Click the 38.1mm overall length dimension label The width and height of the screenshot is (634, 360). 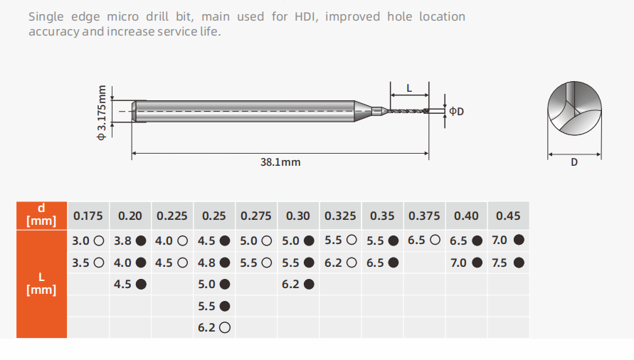coord(280,162)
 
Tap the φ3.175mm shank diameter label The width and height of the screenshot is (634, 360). coord(102,112)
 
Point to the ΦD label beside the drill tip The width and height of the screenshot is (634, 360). coord(457,111)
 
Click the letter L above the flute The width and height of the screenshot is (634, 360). coord(409,88)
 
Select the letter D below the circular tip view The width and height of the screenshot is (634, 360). coord(574,162)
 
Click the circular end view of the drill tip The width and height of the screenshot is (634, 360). coord(574,108)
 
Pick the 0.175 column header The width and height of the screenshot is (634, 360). coord(88,216)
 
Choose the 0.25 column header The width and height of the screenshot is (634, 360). coord(214,216)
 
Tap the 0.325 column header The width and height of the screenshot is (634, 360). coord(340,216)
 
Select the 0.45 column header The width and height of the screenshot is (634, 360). coord(508,216)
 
